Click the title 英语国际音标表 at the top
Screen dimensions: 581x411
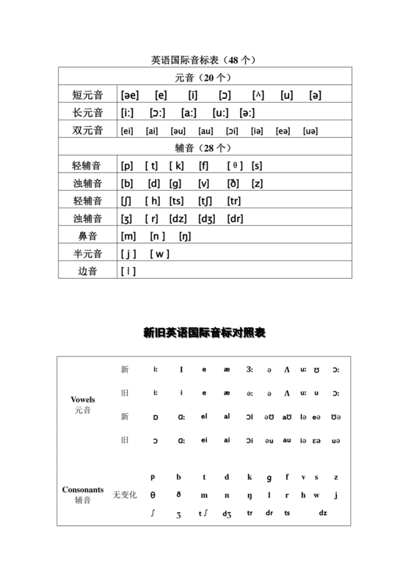point(203,60)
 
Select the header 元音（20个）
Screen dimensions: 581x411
point(203,78)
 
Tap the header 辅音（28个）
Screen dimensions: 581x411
point(203,147)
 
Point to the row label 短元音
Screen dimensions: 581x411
point(87,95)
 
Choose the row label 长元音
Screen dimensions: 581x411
point(87,113)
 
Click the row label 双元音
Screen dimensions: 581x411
point(87,131)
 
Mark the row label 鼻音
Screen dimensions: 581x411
point(87,236)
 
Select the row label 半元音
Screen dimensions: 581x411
point(87,254)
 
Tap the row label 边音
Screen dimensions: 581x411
point(87,271)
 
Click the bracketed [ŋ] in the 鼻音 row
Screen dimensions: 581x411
point(185,236)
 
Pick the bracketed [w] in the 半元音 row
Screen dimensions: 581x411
point(159,254)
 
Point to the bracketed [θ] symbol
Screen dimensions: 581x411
point(234,166)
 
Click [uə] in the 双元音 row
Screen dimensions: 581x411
point(310,131)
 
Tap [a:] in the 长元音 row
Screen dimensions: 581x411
point(189,113)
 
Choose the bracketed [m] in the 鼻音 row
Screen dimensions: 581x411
point(128,236)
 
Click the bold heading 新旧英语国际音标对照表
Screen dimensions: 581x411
point(204,333)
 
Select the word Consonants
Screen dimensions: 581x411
point(82,489)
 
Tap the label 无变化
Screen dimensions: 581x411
point(125,495)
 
